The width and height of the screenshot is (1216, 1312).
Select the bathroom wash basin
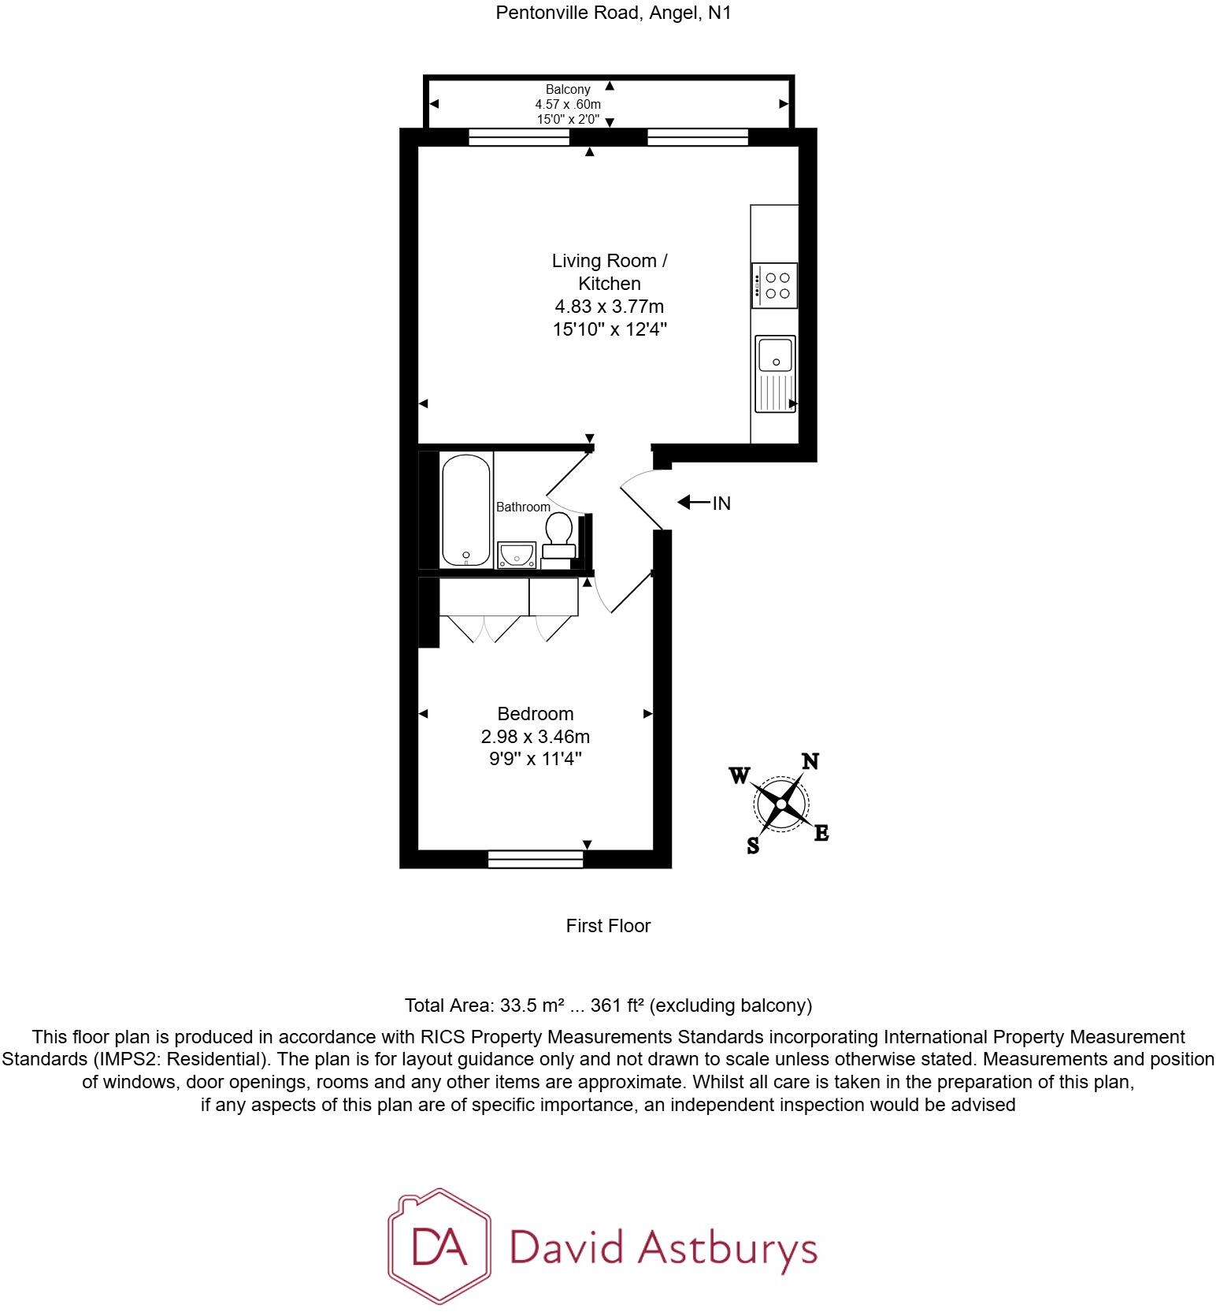(x=517, y=554)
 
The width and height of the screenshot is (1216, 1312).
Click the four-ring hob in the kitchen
(x=775, y=285)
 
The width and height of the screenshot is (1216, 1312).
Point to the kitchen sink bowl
(x=776, y=354)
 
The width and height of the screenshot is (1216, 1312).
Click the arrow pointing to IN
(x=693, y=502)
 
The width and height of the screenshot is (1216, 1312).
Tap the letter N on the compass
(x=810, y=761)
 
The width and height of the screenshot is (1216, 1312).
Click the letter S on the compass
(x=753, y=846)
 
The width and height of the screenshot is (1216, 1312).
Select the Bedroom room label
(x=535, y=713)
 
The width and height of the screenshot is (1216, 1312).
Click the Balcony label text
(x=568, y=90)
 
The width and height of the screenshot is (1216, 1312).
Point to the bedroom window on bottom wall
(x=536, y=859)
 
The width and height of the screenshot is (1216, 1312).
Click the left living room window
(x=518, y=137)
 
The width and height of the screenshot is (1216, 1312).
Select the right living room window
(x=697, y=137)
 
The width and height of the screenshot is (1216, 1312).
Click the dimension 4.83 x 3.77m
(x=610, y=306)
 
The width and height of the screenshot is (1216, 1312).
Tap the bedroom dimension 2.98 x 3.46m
(x=535, y=737)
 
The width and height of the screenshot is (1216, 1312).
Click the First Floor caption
(x=608, y=926)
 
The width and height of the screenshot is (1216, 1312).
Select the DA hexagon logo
(x=439, y=1245)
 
